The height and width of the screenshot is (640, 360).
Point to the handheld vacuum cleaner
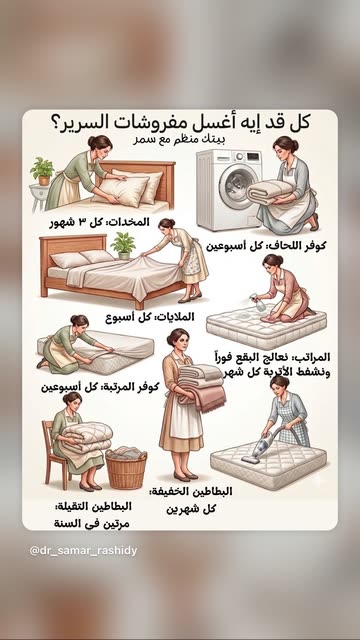pyautogui.click(x=260, y=446)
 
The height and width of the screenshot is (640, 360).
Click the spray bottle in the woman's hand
pyautogui.click(x=254, y=301)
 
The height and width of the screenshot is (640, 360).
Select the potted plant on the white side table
pyautogui.click(x=42, y=171)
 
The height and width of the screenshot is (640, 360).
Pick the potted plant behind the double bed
pyautogui.click(x=123, y=245)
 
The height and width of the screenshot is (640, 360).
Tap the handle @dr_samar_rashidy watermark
pyautogui.click(x=83, y=551)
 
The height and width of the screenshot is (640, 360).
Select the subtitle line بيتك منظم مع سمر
pyautogui.click(x=180, y=139)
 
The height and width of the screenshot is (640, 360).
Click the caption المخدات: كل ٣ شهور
pyautogui.click(x=100, y=222)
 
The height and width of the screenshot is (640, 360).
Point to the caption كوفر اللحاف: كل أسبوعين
pyautogui.click(x=266, y=246)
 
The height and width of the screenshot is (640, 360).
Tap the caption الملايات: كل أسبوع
pyautogui.click(x=150, y=317)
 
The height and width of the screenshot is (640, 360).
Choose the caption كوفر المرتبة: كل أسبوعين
pyautogui.click(x=100, y=387)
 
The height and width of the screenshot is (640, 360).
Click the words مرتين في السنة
pyautogui.click(x=92, y=524)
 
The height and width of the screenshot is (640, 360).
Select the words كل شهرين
pyautogui.click(x=191, y=509)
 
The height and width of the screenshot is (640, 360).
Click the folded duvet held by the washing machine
pyautogui.click(x=270, y=192)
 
